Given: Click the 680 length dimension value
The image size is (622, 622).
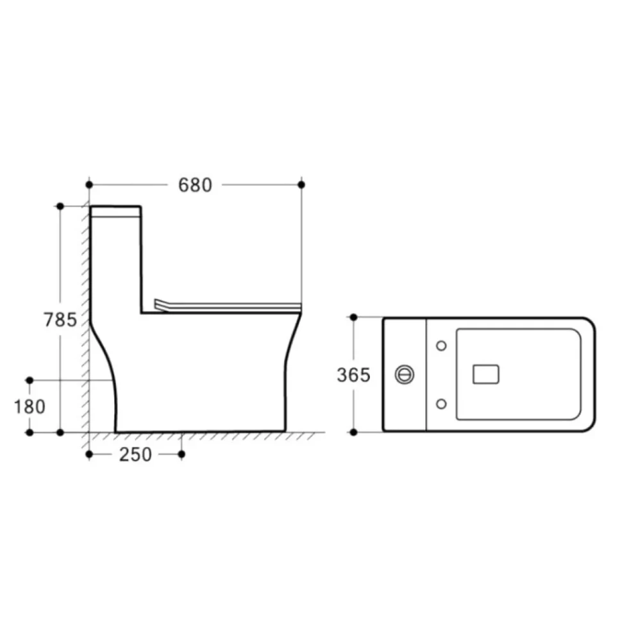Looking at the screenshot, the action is coord(195,185).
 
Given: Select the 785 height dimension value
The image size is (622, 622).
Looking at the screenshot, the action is coord(60,320).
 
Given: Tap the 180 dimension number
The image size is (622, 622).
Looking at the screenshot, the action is coord(29,407).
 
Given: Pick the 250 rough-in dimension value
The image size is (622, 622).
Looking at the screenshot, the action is coord(135,455).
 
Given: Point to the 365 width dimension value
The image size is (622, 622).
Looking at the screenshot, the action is coord(353,375).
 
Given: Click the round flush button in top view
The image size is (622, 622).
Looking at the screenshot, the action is coord(404,375).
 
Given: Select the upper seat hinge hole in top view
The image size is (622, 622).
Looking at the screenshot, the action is coord(441,346).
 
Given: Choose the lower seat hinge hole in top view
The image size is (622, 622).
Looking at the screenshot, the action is coord(441,404).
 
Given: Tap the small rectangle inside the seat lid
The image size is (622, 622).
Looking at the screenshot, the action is coord(486,374).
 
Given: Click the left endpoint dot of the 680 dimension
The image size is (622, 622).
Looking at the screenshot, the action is coord(89,185).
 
